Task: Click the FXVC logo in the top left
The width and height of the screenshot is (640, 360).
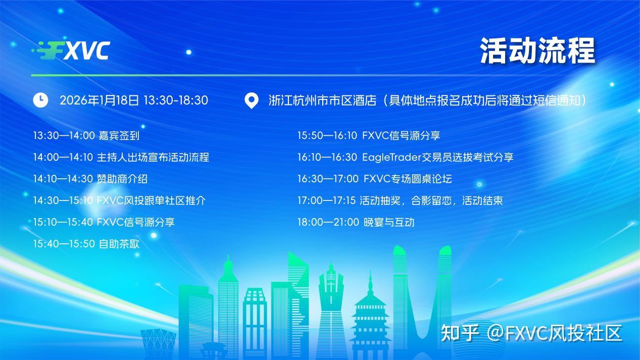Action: click(71, 50)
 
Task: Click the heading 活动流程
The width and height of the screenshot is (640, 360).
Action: click(537, 50)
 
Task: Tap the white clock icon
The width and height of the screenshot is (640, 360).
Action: click(40, 100)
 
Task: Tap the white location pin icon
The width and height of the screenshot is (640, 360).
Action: click(251, 100)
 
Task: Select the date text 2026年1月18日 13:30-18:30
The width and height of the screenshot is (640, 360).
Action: click(134, 100)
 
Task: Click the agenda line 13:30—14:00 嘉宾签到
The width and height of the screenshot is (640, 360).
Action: click(86, 136)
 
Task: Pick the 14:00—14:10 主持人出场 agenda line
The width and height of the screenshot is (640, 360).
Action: click(121, 157)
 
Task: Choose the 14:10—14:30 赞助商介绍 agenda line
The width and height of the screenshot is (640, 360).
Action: click(90, 179)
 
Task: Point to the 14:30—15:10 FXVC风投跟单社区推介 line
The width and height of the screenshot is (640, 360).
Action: click(119, 200)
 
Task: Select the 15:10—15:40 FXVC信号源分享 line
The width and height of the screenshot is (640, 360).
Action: click(104, 222)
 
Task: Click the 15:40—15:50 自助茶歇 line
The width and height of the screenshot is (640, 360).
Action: click(86, 244)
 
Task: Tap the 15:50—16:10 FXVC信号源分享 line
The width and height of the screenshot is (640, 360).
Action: click(368, 136)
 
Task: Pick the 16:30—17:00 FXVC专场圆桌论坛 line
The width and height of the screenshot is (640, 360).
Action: click(374, 179)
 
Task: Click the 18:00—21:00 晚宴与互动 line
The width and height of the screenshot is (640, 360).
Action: click(356, 223)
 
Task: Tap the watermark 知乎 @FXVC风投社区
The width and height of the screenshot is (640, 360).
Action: click(531, 333)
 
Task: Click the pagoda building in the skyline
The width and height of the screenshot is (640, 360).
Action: click(370, 308)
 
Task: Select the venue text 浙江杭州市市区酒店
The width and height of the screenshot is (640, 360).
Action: click(323, 100)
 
